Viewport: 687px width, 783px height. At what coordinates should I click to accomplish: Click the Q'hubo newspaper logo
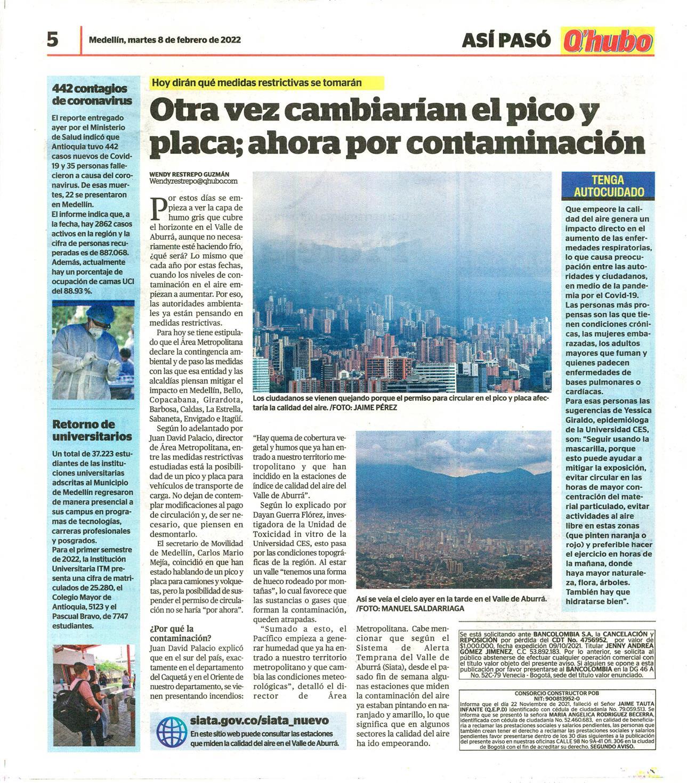(x=607, y=41)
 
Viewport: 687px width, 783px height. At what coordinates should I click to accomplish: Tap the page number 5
(x=52, y=39)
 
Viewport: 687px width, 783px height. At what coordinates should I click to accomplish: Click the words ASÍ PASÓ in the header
(x=506, y=40)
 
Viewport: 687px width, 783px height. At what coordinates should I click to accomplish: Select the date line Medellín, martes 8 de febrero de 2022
(x=165, y=39)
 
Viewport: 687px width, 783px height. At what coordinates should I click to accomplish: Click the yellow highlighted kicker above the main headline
(x=257, y=83)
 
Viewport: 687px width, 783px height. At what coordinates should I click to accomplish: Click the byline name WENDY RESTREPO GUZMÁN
(x=189, y=174)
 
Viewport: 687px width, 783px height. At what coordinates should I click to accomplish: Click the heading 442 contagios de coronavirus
(x=90, y=94)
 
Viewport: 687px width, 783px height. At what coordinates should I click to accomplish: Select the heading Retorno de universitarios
(x=92, y=430)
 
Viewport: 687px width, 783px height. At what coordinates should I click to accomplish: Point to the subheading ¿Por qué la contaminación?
(x=180, y=632)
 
